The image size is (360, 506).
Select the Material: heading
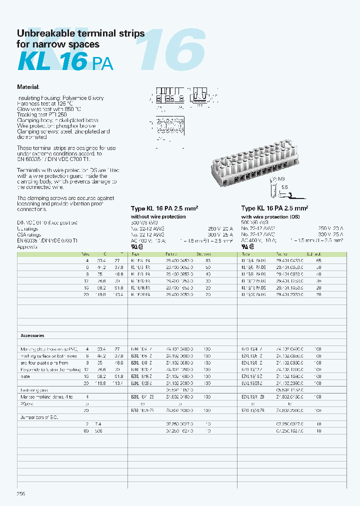[x=28, y=86]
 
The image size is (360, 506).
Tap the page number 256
[x=21, y=493]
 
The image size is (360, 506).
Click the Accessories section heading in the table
[x=32, y=335]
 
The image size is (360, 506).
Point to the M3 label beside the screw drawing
[x=282, y=178]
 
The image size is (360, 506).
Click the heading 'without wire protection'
[x=158, y=216]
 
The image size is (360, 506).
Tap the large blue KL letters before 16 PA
[x=33, y=62]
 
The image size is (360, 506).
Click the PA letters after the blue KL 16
[x=102, y=63]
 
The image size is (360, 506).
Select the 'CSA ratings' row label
[x=30, y=234]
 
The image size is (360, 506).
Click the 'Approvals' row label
[x=28, y=246]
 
